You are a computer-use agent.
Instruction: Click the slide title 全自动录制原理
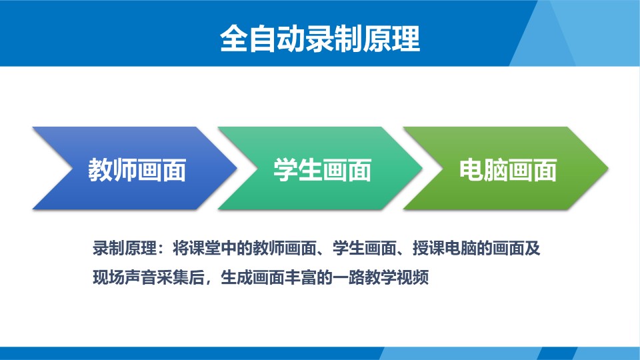pyautogui.click(x=320, y=39)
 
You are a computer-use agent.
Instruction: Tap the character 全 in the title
pyautogui.click(x=234, y=39)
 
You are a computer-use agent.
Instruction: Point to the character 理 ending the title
pyautogui.click(x=406, y=39)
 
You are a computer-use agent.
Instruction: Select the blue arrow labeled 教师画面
pyautogui.click(x=135, y=168)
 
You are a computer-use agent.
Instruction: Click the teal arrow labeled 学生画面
pyautogui.click(x=321, y=168)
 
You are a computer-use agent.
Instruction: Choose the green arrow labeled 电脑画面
pyautogui.click(x=506, y=168)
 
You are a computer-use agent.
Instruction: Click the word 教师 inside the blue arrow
pyautogui.click(x=113, y=170)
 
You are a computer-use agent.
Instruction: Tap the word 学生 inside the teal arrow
pyautogui.click(x=298, y=170)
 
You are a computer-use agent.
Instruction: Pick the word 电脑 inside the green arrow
pyautogui.click(x=484, y=170)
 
